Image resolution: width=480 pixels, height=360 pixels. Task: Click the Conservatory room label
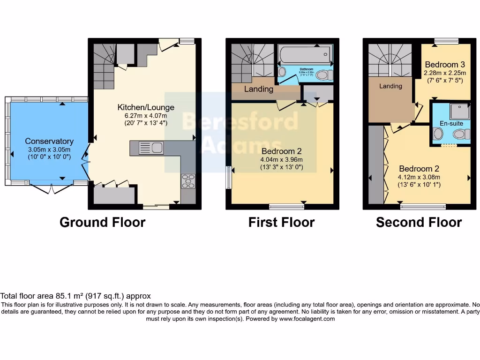49,141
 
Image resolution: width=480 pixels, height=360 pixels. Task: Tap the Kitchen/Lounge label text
146,107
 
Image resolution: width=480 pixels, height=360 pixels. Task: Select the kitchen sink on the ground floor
157,148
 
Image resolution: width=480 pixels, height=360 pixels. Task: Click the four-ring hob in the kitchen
188,181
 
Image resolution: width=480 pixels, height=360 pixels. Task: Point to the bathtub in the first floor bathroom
304,56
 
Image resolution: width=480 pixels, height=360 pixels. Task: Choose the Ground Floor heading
102,222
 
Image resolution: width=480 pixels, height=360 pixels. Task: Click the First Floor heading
281,222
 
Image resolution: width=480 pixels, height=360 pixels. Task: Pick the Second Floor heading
419,222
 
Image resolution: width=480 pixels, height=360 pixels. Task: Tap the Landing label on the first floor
258,89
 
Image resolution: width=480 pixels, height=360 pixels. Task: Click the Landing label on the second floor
390,86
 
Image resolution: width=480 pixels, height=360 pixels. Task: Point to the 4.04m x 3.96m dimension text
281,159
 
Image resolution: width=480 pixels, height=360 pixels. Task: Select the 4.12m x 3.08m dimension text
419,177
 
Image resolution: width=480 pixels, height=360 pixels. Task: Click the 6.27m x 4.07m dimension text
146,116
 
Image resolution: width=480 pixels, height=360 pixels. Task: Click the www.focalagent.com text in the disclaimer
307,319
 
